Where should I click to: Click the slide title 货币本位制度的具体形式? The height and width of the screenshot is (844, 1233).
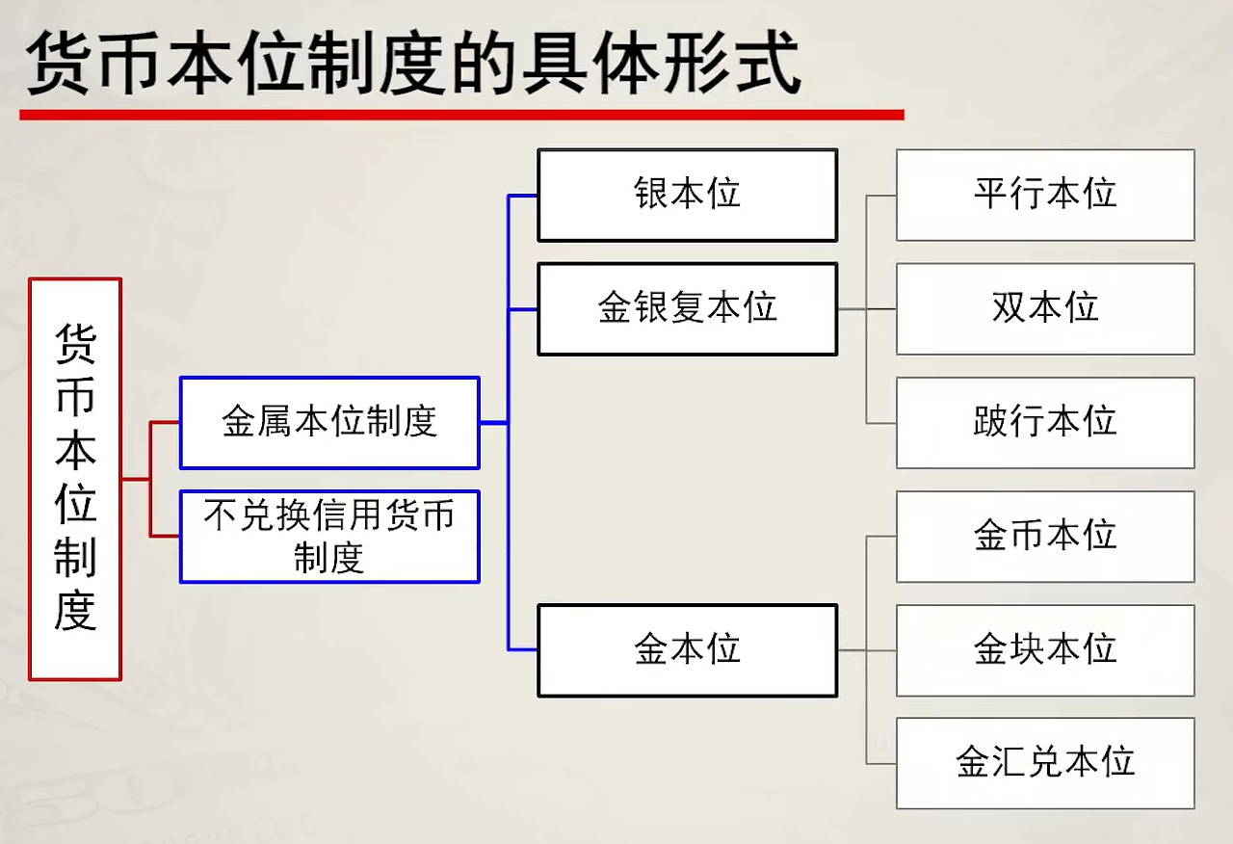click(x=413, y=64)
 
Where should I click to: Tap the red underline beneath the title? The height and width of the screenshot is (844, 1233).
click(x=461, y=115)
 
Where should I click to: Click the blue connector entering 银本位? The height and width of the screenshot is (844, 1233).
click(x=523, y=196)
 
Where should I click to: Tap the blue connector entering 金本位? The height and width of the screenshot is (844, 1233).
click(x=523, y=650)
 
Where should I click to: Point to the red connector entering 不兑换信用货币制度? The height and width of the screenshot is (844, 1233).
click(x=165, y=536)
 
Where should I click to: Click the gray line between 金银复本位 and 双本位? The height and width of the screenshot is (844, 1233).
click(x=867, y=309)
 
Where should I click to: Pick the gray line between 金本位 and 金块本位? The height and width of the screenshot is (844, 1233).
click(x=867, y=650)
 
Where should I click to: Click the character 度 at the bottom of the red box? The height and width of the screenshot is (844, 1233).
click(x=75, y=611)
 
